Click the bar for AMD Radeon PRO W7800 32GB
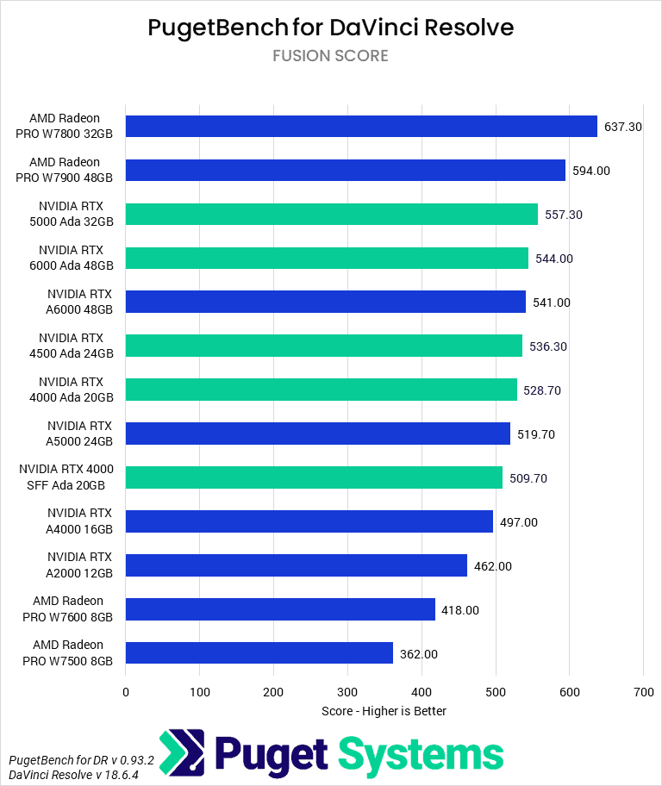[x=361, y=127]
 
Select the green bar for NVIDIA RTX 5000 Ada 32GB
[x=332, y=215]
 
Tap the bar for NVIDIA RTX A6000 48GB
[x=326, y=302]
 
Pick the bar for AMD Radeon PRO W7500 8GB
[x=259, y=653]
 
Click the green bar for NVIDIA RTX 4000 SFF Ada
[x=314, y=477]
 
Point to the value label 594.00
[x=591, y=171]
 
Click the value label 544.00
[x=554, y=259]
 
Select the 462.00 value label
[x=493, y=566]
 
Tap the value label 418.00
[x=460, y=610]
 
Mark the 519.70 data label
[x=536, y=434]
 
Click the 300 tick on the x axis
[x=347, y=691]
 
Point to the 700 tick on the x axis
[x=643, y=691]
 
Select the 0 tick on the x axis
[x=126, y=691]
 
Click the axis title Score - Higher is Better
[x=384, y=711]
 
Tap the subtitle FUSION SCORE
[x=330, y=56]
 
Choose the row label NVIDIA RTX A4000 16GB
[x=79, y=521]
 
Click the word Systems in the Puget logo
[x=421, y=754]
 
